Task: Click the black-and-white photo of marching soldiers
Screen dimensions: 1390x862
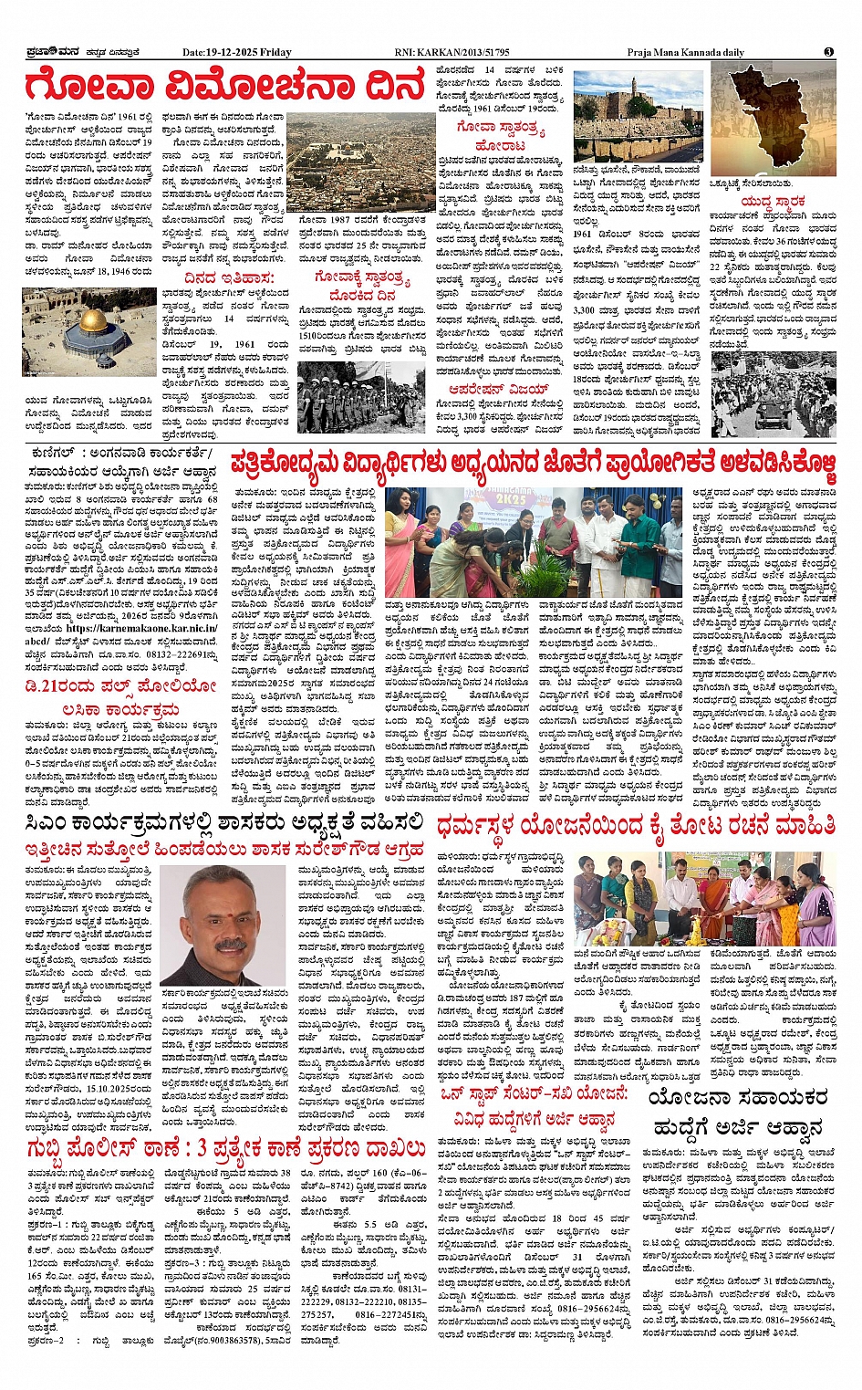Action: [x=361, y=398]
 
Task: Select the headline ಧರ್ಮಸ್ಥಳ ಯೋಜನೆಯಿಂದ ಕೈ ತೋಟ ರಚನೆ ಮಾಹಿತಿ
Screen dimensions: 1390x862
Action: [x=636, y=825]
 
